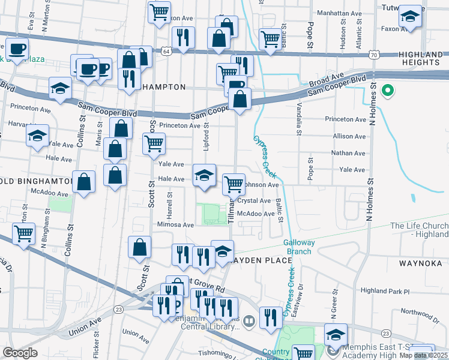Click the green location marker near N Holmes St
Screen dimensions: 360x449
(x=388, y=91)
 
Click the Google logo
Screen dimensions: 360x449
(x=20, y=353)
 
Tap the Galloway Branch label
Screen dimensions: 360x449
(x=297, y=247)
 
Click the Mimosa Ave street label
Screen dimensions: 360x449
(x=175, y=224)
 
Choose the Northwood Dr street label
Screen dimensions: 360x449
(x=421, y=312)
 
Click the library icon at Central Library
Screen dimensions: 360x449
(x=249, y=322)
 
